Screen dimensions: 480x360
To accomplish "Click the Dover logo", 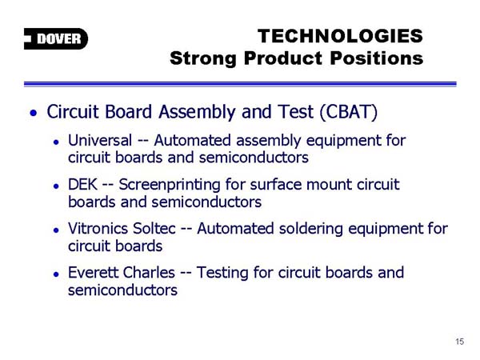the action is [x=56, y=38].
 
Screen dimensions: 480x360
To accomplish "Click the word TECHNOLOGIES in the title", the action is [x=340, y=36].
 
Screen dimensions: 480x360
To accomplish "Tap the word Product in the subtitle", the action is [x=283, y=58].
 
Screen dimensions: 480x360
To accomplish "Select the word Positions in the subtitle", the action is [x=377, y=58].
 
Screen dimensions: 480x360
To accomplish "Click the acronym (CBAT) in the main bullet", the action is [x=348, y=111].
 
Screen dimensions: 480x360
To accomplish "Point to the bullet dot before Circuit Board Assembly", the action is [x=34, y=114].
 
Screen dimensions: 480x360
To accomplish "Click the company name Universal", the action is [x=100, y=141].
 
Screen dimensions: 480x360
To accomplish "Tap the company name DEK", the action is [x=82, y=185].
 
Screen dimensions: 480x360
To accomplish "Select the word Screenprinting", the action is [x=170, y=186].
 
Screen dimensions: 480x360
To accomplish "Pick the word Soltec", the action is [x=154, y=228].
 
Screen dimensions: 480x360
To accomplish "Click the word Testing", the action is [x=222, y=274].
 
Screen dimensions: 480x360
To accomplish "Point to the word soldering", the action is [x=308, y=230].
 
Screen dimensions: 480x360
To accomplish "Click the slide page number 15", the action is [x=460, y=342].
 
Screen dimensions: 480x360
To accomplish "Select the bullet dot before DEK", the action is [x=56, y=186].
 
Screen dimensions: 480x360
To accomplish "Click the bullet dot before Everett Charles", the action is [x=56, y=274].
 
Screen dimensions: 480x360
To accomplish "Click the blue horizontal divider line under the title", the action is [x=240, y=84].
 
